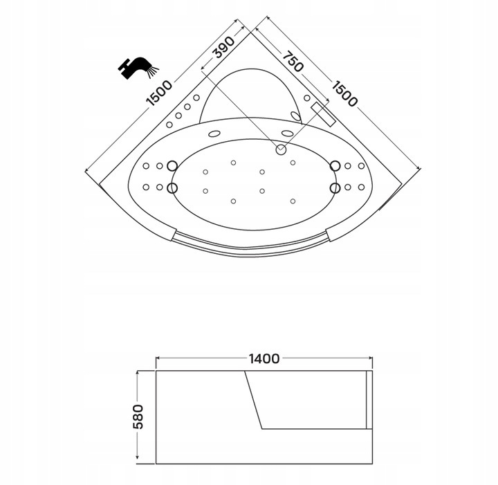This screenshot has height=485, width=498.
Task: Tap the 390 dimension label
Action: pos(225,48)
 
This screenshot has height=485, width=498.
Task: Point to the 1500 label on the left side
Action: pos(160,93)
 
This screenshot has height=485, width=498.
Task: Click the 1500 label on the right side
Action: pos(344,93)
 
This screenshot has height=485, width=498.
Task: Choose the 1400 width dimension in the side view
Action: pos(264,358)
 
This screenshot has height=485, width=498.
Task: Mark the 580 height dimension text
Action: pos(138,417)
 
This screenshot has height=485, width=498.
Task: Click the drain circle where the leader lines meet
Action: pos(281,149)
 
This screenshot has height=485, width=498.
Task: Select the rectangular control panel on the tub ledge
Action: pos(323,114)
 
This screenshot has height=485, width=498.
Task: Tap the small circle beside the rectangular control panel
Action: pos(307,98)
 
